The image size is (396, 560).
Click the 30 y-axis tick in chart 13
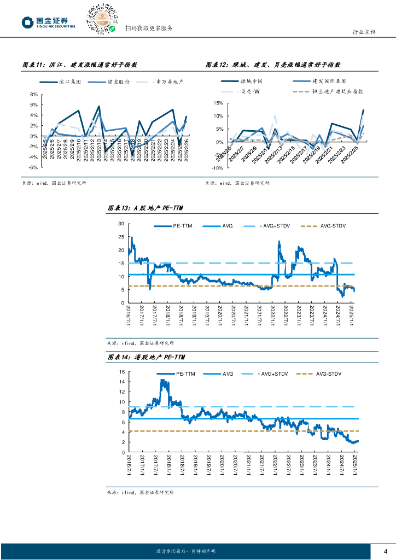[121, 224]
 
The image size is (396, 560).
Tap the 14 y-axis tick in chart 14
[121, 372]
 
